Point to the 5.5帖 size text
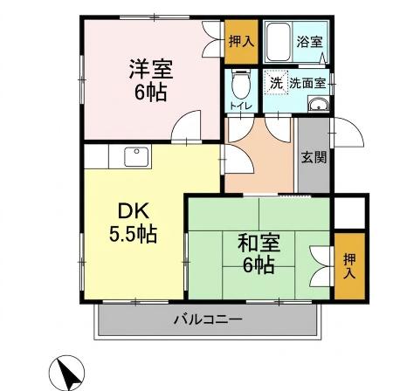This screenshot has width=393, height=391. tap(133, 235)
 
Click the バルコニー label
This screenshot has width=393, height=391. tap(207, 319)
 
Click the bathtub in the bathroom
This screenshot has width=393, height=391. tap(277, 41)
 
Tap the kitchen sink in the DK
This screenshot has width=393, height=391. tap(136, 156)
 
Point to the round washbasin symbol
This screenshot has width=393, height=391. tap(319, 106)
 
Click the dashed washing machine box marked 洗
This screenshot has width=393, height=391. tap(275, 83)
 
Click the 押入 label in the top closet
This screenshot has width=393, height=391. tap(240, 41)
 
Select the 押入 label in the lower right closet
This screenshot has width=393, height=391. tap(349, 265)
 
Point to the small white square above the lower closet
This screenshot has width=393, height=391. tap(349, 212)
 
